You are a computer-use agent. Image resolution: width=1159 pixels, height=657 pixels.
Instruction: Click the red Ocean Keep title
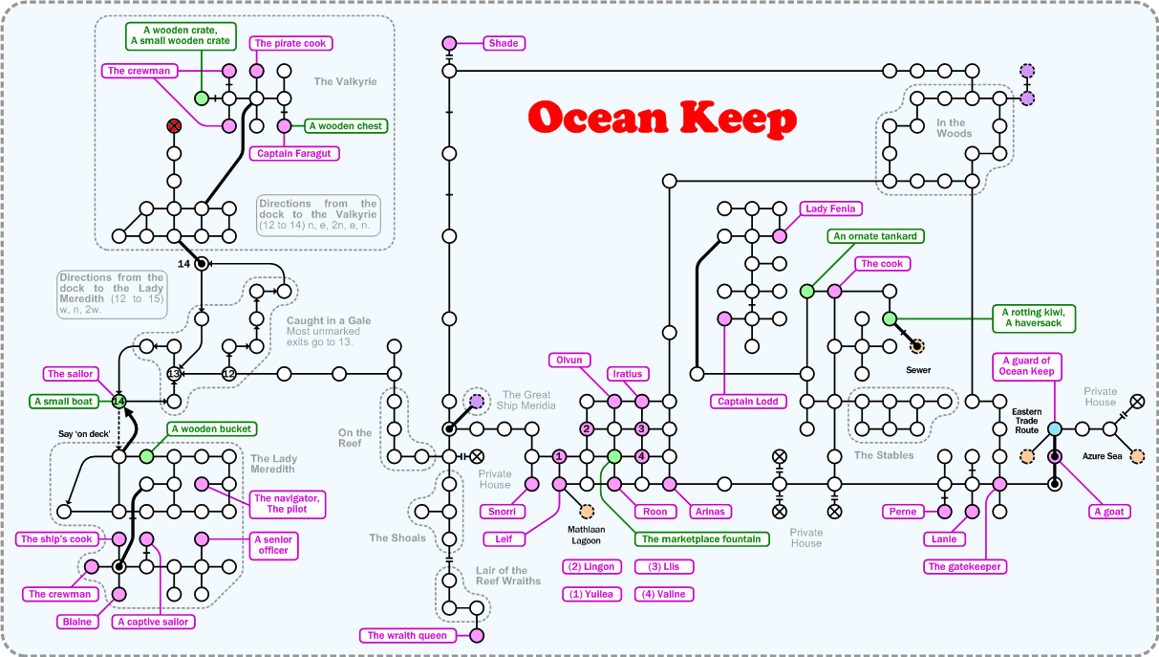[662, 119]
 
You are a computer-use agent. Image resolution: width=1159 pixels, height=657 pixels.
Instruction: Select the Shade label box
[504, 43]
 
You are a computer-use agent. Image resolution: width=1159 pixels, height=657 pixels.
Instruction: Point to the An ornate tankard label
[875, 236]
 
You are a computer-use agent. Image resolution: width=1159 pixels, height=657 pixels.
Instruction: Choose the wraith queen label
[408, 635]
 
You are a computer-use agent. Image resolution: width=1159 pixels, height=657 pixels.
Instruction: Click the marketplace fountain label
[701, 539]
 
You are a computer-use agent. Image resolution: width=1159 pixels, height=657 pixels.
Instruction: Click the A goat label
[1110, 512]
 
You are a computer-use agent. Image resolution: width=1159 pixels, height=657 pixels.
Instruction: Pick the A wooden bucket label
[212, 429]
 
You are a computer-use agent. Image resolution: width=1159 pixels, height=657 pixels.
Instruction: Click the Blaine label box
[76, 622]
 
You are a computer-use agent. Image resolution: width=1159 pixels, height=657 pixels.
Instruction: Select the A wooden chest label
[345, 125]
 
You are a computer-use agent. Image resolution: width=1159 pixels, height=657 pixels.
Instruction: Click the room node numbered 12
[228, 373]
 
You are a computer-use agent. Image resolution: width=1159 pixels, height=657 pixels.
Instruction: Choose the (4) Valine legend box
[664, 594]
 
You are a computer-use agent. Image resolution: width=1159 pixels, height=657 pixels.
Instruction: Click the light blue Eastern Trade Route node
[1055, 429]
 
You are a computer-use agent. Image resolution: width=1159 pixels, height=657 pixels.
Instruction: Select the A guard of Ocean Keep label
[1027, 366]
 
